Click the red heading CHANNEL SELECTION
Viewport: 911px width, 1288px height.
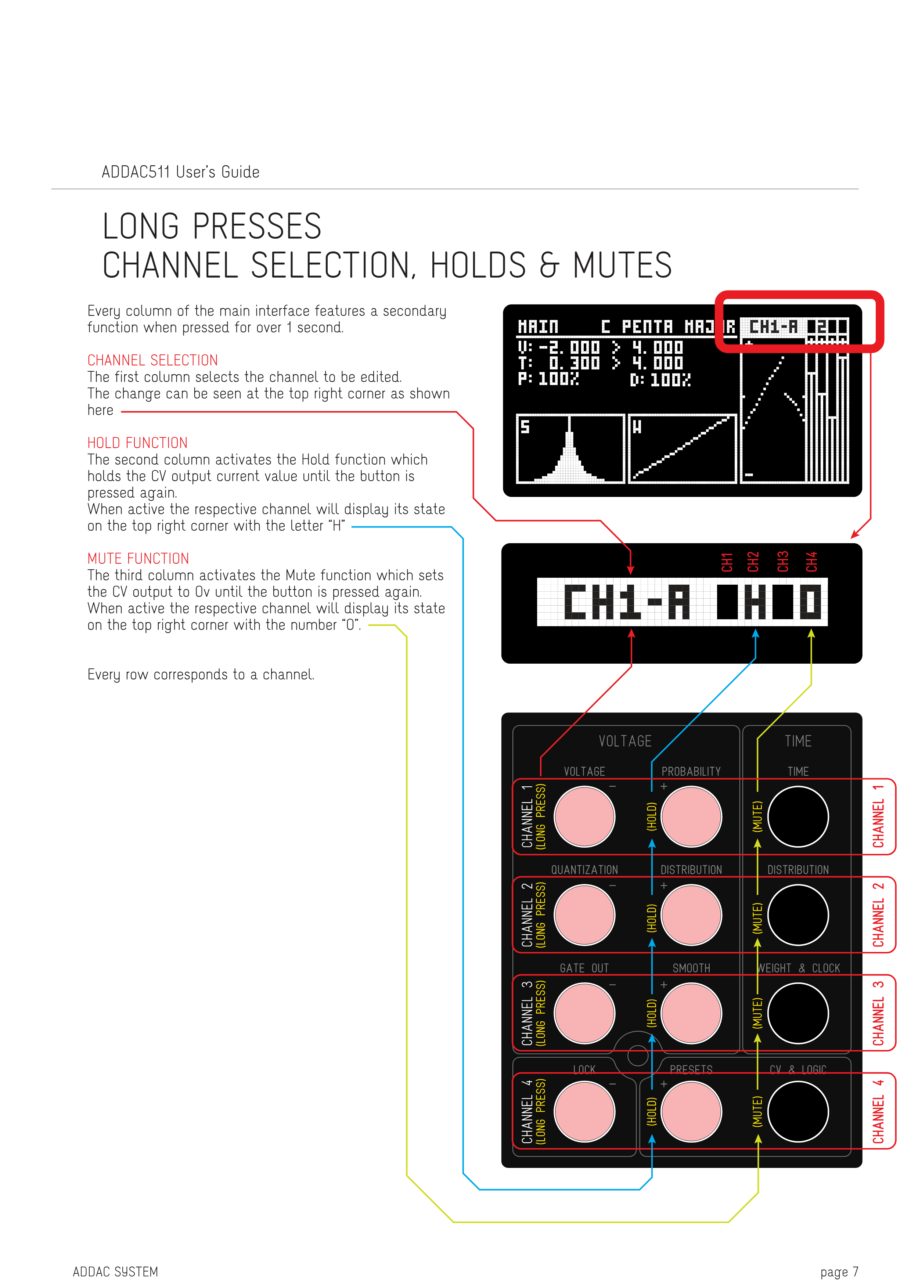(x=152, y=360)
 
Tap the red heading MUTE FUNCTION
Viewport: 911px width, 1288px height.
(x=138, y=558)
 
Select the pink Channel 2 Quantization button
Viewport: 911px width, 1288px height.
(x=584, y=914)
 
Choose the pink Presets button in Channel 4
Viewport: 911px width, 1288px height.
(x=691, y=1111)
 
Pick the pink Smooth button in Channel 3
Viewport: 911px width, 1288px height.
(x=691, y=1013)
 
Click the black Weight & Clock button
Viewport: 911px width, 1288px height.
(x=798, y=1013)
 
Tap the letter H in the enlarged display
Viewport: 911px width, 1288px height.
(x=755, y=602)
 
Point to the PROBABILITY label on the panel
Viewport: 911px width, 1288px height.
(x=691, y=771)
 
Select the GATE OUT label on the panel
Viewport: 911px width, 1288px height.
(x=584, y=968)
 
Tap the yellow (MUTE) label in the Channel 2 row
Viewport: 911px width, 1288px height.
(x=757, y=918)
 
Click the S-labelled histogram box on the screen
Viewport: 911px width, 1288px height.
(x=570, y=448)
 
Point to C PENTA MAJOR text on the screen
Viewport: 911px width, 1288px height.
(x=667, y=326)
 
